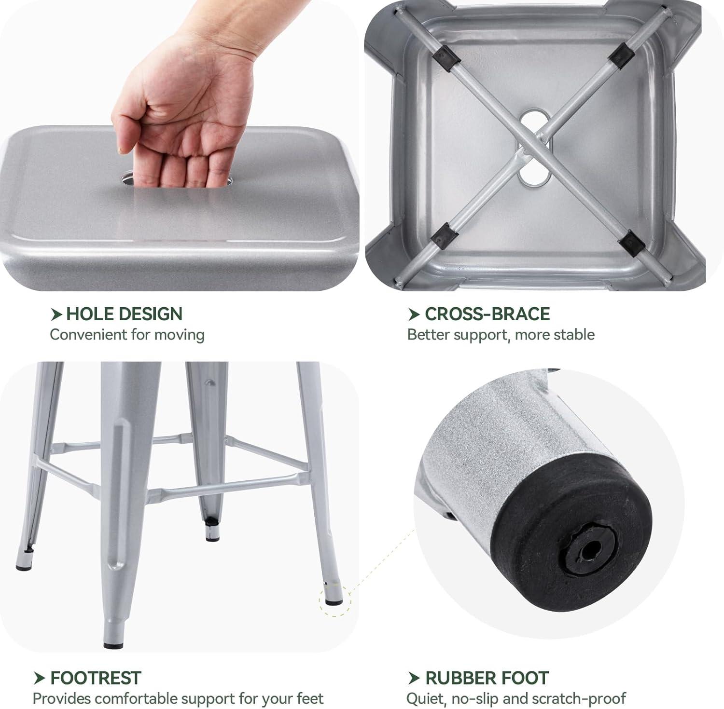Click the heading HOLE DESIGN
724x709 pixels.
124,314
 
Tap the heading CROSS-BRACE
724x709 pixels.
487,314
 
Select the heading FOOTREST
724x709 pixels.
96,678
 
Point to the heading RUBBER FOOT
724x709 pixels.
487,678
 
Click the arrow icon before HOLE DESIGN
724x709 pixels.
56,314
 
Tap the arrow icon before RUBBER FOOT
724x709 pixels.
414,678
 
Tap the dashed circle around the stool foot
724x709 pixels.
335,600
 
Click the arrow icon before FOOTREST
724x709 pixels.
40,678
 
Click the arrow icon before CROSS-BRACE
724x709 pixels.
414,314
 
